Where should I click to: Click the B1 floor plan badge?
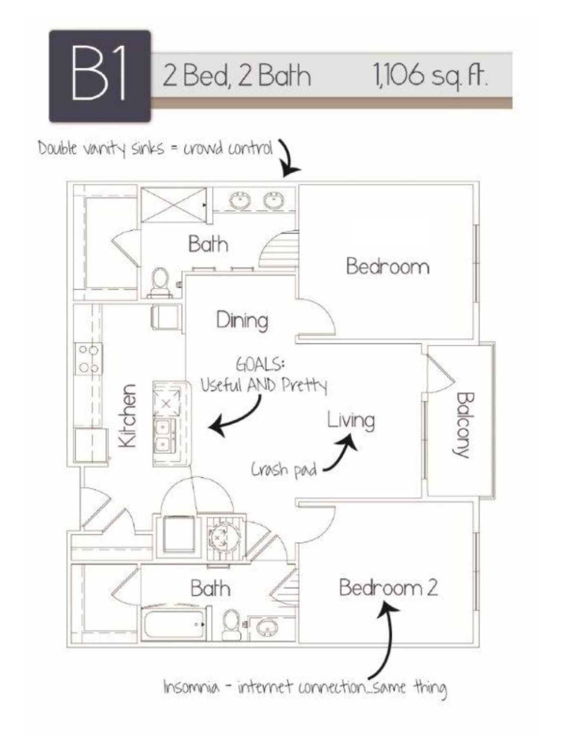tap(100, 76)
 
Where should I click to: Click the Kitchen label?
tap(127, 415)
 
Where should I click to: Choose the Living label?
tap(351, 421)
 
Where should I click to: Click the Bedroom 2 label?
tap(388, 588)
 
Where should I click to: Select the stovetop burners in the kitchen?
tap(89, 359)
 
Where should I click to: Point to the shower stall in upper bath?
tap(173, 204)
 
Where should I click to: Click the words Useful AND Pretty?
tap(263, 385)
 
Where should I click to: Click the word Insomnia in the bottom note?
tap(191, 687)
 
